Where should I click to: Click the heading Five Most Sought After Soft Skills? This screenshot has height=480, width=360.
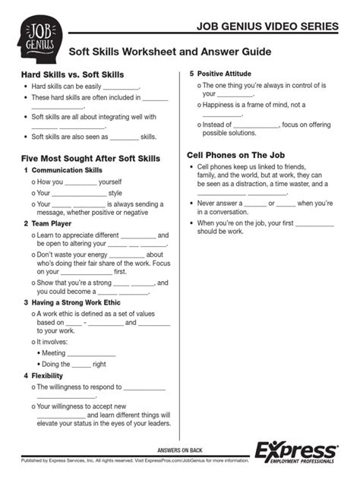(x=90, y=158)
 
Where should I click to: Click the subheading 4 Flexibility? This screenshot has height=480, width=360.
(x=47, y=375)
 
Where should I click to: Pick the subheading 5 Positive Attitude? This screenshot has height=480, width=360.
(x=226, y=74)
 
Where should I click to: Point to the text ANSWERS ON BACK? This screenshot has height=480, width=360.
(x=179, y=450)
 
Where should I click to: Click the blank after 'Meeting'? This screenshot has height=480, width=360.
(x=91, y=354)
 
